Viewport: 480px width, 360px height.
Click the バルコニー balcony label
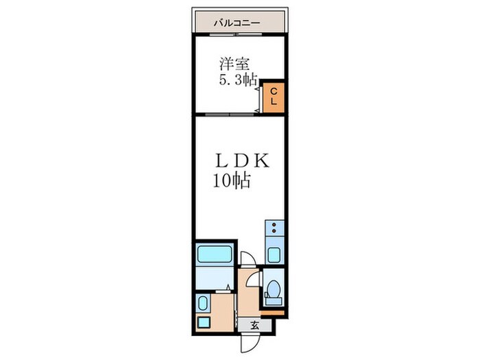[x=237, y=23]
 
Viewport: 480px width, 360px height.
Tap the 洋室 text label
[x=233, y=64]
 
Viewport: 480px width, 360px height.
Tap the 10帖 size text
[x=230, y=182]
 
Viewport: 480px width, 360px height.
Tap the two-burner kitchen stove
[x=274, y=230]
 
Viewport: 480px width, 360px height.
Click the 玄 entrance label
[x=252, y=325]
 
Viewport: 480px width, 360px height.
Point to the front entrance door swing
[x=246, y=341]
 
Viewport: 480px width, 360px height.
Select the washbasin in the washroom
[x=204, y=302]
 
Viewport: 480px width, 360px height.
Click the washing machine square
[x=204, y=322]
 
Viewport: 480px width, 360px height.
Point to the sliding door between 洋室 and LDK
[x=226, y=113]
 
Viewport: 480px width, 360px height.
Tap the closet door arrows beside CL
[x=259, y=97]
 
